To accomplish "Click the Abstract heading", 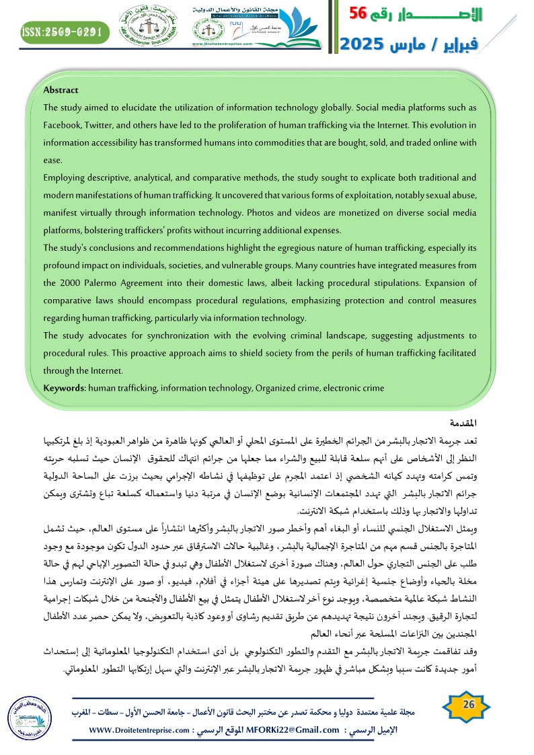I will point(61,90).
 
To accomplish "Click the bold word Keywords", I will point(62,388).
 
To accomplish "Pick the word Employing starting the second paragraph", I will point(63,177).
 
